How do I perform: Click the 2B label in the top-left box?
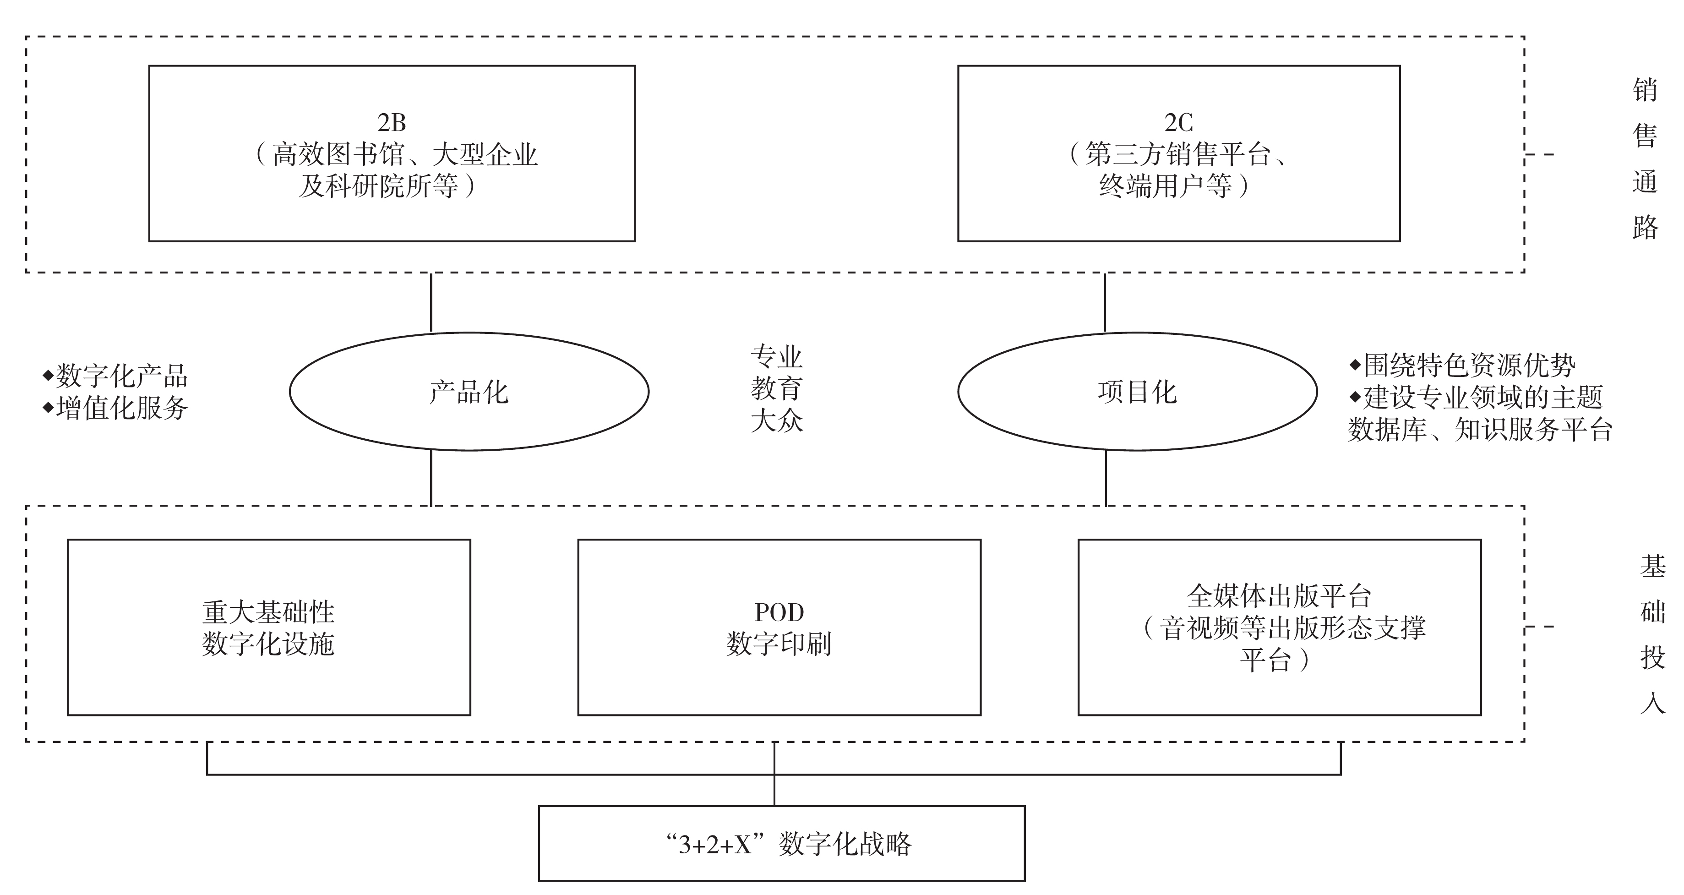pyautogui.click(x=392, y=122)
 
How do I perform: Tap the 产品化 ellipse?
pyautogui.click(x=469, y=392)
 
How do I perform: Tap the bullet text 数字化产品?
pyautogui.click(x=121, y=376)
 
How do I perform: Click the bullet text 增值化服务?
pyautogui.click(x=121, y=408)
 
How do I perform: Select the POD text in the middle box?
pyautogui.click(x=779, y=612)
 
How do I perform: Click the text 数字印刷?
pyautogui.click(x=779, y=644)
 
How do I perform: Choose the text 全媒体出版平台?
pyautogui.click(x=1279, y=595)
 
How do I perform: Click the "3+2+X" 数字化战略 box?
pyautogui.click(x=781, y=843)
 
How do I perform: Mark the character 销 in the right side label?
pyautogui.click(x=1645, y=90)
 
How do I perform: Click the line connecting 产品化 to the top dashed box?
pyautogui.click(x=431, y=302)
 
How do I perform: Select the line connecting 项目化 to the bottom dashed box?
pyautogui.click(x=1106, y=478)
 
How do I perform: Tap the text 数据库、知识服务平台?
pyautogui.click(x=1480, y=430)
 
